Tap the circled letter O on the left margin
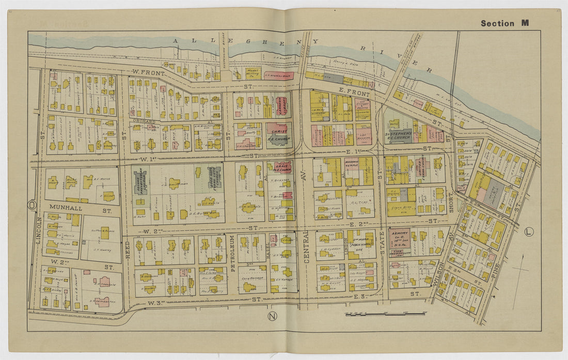33,205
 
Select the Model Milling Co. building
252,74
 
